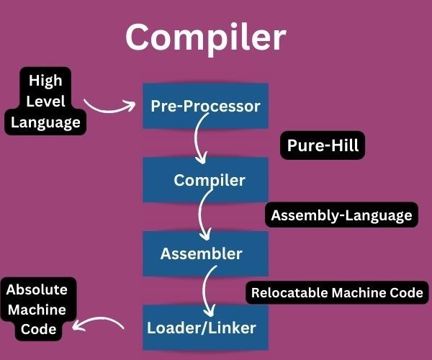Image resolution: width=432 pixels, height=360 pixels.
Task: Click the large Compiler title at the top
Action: coord(205,37)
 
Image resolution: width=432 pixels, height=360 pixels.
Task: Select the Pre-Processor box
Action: coord(205,106)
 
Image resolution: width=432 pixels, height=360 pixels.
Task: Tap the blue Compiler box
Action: coord(209,180)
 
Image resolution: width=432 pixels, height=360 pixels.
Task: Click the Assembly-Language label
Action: coord(341,215)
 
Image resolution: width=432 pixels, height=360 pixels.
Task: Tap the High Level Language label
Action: coord(45,101)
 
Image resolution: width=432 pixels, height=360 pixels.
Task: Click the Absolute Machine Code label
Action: coord(37,310)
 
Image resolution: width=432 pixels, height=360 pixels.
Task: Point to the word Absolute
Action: coord(37,290)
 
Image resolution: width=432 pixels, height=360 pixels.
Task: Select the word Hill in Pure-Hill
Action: coord(343,145)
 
